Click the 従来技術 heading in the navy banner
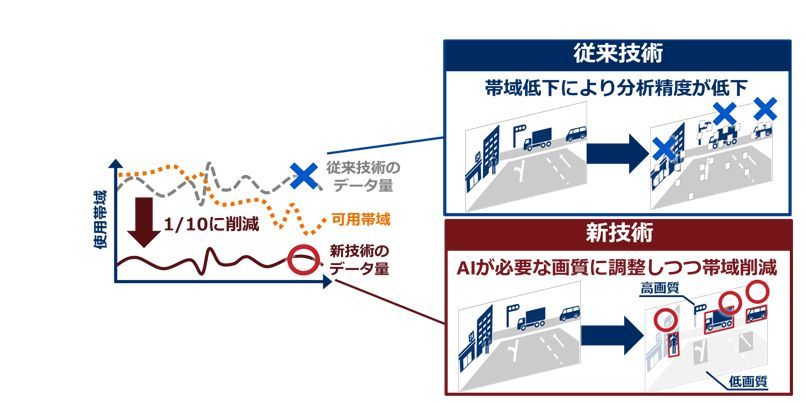618,51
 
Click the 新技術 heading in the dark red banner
618,234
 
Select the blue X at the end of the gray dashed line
303,177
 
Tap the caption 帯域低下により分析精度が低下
618,87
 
